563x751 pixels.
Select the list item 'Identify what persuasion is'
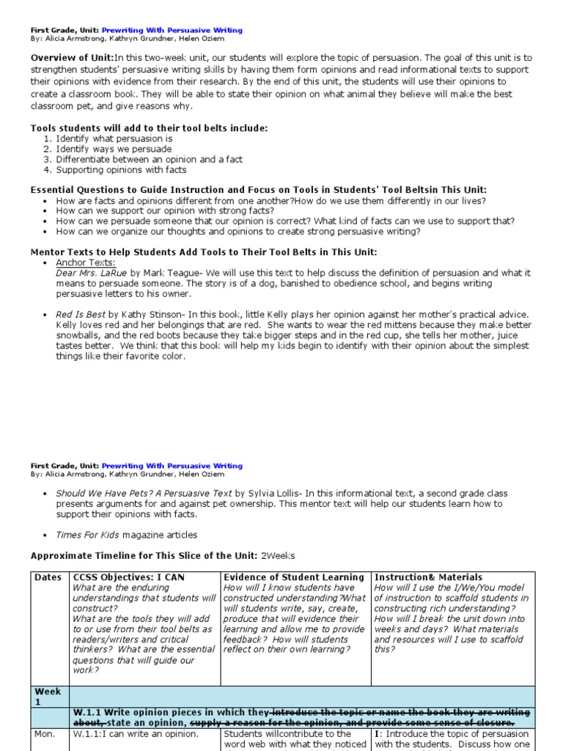coord(114,138)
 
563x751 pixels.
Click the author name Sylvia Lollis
coord(273,494)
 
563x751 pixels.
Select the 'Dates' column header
coord(48,577)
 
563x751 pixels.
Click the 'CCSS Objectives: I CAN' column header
coord(128,577)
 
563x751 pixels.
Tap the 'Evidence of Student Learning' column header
coord(294,577)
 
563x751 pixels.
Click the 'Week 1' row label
coord(48,697)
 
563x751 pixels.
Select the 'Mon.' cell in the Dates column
coord(45,733)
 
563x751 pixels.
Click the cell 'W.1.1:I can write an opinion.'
coord(136,733)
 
